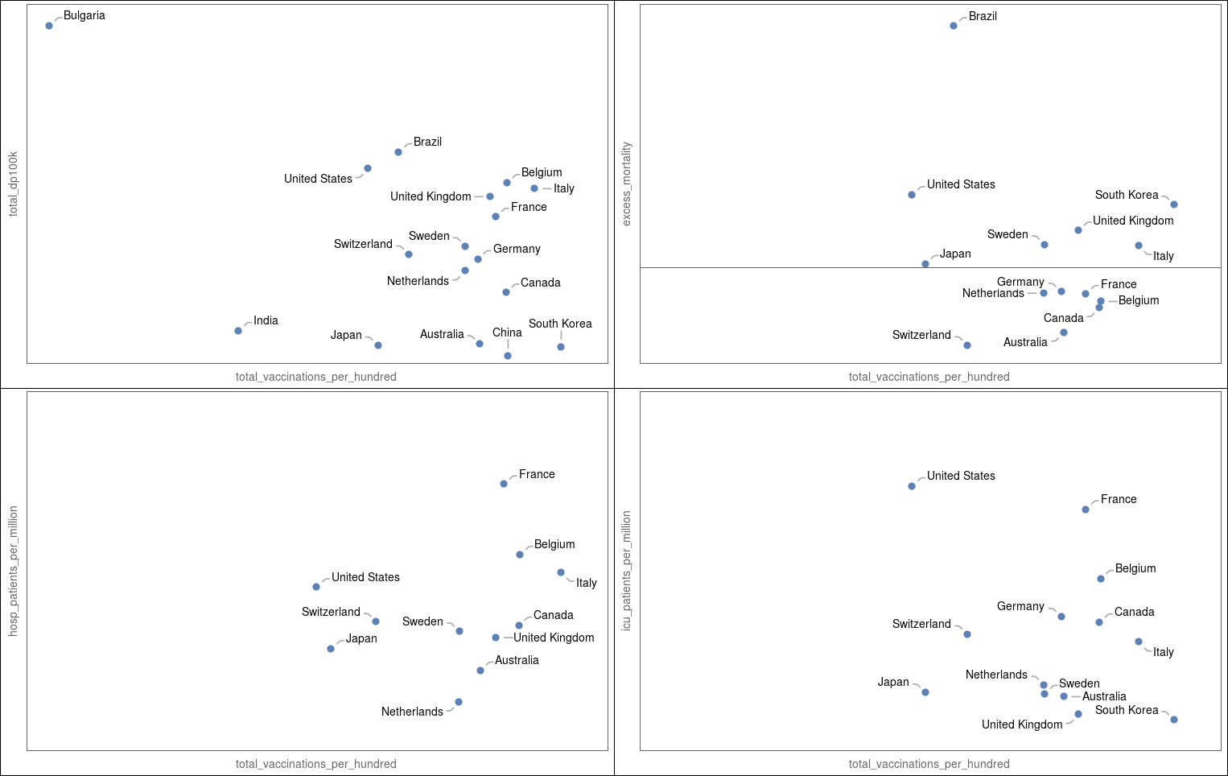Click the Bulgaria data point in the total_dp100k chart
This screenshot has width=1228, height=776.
49,26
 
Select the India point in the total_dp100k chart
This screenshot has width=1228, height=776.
238,331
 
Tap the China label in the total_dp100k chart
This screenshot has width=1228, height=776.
507,332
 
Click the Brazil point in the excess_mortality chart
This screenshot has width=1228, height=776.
954,26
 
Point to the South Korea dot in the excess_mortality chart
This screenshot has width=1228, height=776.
1174,204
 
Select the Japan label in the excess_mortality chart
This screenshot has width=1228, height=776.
955,254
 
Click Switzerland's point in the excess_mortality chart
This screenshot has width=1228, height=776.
967,345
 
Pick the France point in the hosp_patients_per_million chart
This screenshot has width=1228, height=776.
504,484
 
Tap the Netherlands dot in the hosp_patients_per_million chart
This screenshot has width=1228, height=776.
459,702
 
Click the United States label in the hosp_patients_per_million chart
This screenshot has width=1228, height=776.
365,577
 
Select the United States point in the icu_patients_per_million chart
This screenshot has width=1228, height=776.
912,486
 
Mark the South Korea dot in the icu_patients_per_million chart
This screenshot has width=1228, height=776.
1174,720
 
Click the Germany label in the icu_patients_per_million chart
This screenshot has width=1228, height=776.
1020,606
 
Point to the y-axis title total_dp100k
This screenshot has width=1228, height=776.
13,184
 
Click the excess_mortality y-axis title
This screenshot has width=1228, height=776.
627,184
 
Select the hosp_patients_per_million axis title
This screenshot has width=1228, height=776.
13,571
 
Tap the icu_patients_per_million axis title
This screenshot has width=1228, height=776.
627,571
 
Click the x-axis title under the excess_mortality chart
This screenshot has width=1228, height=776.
929,377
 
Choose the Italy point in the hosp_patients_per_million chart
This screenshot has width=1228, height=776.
561,572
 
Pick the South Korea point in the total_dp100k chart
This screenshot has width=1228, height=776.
561,347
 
